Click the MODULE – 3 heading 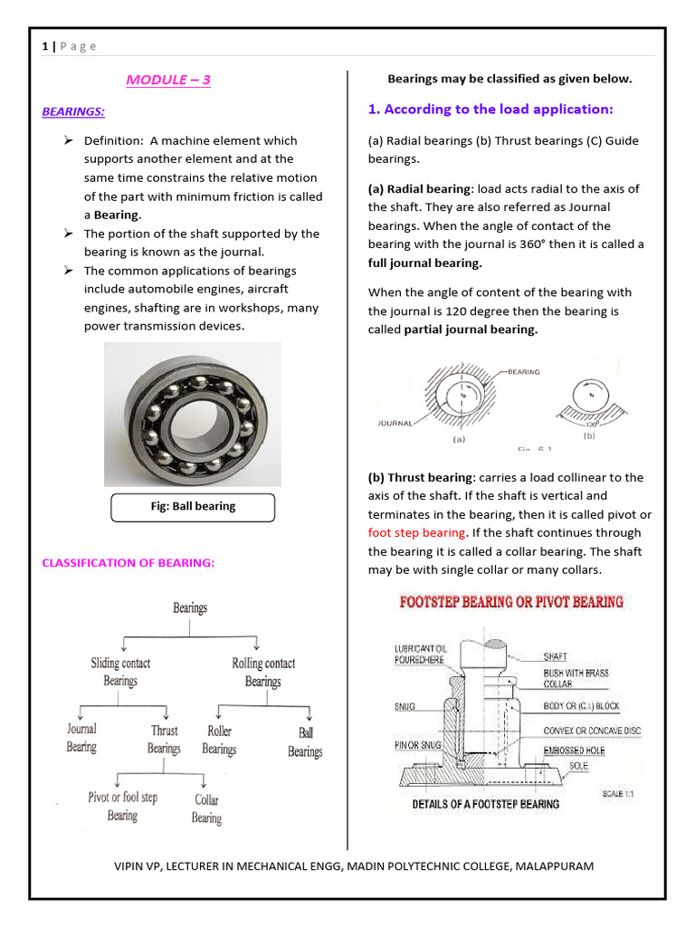[168, 80]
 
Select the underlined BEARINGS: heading [73, 111]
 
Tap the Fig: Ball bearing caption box [192, 507]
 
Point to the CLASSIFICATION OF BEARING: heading [129, 563]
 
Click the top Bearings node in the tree [190, 608]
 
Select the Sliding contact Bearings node [120, 672]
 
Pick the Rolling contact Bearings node [263, 672]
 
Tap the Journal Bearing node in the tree [81, 738]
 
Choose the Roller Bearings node [219, 740]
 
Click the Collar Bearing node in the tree [206, 808]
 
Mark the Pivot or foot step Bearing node [122, 806]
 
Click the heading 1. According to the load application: [490, 110]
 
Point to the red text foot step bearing [416, 533]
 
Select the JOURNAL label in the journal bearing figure [395, 423]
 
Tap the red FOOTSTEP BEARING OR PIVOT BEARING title [511, 601]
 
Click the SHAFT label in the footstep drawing [556, 656]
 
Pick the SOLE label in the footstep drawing [578, 766]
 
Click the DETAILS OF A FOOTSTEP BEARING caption [486, 804]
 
